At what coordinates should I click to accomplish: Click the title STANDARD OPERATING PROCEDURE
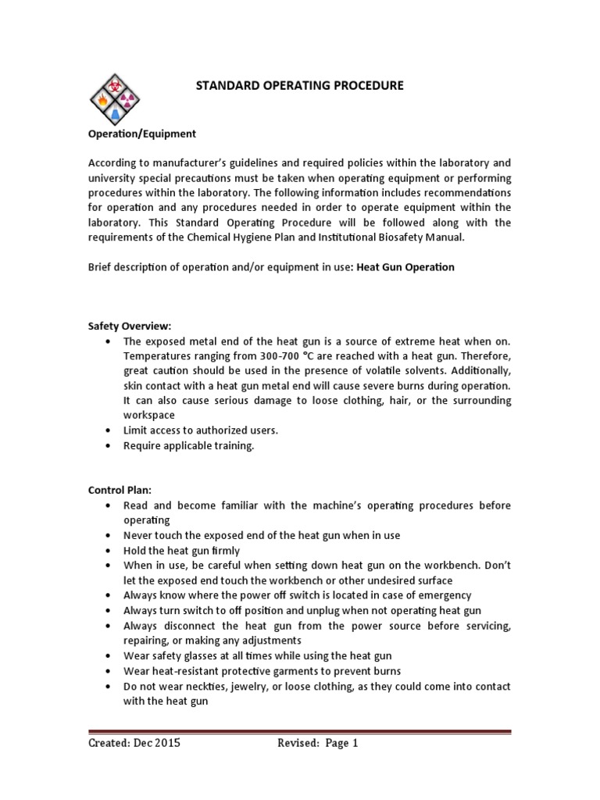point(299,86)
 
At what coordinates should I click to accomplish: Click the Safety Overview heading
point(118,327)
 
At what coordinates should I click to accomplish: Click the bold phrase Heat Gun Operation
point(405,267)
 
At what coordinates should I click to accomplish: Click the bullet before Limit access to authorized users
point(106,430)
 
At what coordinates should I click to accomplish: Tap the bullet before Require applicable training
point(106,446)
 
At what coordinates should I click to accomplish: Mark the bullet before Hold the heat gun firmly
point(106,550)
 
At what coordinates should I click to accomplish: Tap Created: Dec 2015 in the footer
point(134,744)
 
